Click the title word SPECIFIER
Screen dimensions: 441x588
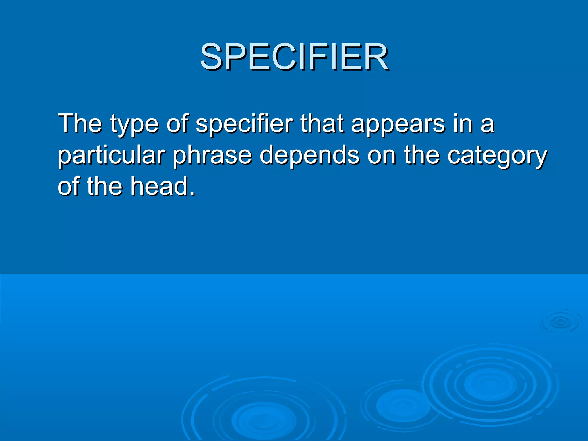[x=294, y=57]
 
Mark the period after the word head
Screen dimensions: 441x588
[x=192, y=194]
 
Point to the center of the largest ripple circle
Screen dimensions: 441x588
[x=490, y=384]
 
